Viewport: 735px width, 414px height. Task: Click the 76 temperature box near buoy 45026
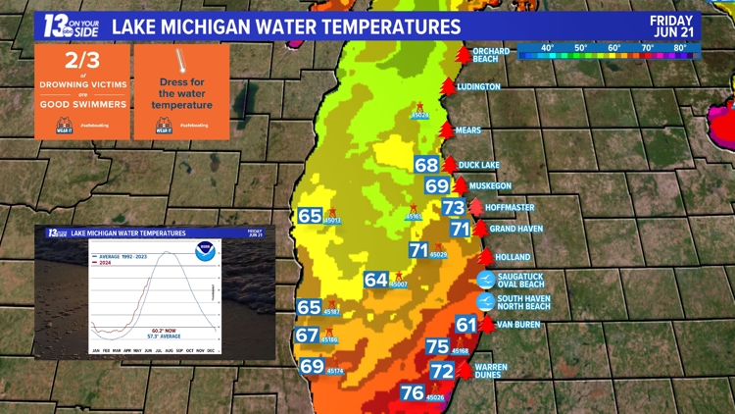(413, 392)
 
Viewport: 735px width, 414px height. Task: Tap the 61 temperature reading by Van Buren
(465, 325)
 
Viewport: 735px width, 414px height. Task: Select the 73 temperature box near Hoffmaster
(453, 207)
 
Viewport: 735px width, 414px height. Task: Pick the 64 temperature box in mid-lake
(376, 280)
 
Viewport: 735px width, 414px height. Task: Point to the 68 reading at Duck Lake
(426, 165)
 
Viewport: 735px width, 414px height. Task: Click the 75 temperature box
(438, 346)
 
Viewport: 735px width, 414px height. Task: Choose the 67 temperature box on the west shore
(307, 336)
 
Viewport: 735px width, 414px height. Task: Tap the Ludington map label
(479, 86)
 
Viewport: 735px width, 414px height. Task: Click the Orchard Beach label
(492, 54)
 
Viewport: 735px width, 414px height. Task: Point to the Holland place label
(513, 257)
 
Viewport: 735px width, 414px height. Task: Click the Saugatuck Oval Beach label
(519, 281)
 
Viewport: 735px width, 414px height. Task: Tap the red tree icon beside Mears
(447, 129)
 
